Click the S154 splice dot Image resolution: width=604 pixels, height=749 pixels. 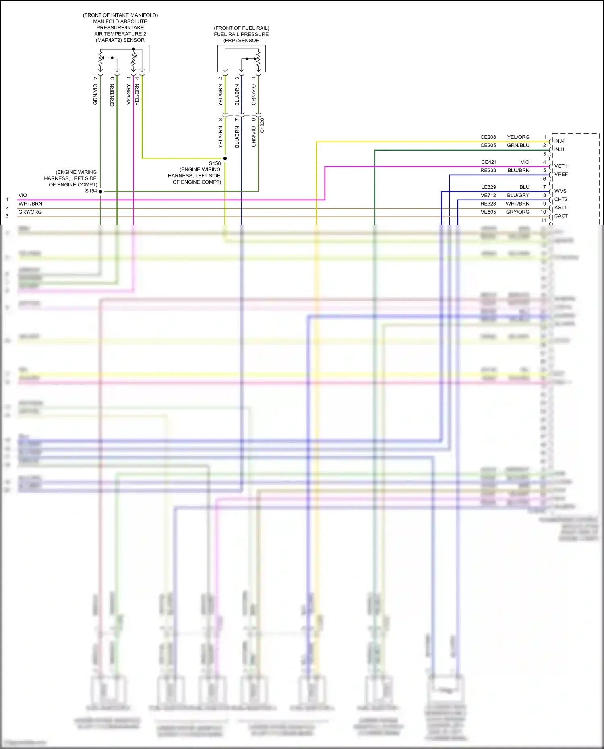[100, 192]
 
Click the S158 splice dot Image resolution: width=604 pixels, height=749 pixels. [225, 159]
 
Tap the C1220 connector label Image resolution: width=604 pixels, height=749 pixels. [262, 126]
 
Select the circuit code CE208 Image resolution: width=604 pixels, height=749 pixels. [488, 137]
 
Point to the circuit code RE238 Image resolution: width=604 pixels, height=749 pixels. [488, 170]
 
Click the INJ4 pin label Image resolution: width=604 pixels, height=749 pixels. [559, 141]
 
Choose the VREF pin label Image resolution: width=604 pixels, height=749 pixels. [561, 174]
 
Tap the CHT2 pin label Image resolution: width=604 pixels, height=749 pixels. [561, 199]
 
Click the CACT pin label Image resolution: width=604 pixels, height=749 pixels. [561, 216]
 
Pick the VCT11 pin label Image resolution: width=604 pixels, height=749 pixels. [562, 166]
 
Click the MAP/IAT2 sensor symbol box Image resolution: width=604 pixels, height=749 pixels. [121, 59]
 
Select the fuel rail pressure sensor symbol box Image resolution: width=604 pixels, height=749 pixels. [241, 59]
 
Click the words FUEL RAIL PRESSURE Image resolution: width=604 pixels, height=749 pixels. [241, 34]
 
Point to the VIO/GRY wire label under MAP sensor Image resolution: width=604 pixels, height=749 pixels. [128, 95]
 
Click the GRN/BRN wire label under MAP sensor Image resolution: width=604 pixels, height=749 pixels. [112, 95]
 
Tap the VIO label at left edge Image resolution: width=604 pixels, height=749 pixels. [23, 195]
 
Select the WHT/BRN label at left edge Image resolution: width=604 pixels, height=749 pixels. [30, 204]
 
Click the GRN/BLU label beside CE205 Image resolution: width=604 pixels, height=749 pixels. [518, 145]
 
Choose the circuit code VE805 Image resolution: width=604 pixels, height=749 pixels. [488, 212]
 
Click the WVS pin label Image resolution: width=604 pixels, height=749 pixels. [560, 191]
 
